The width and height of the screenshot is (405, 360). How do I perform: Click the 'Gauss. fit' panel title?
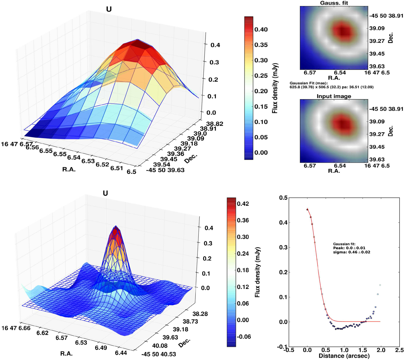pyautogui.click(x=333, y=3)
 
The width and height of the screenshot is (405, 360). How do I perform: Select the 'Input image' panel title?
pyautogui.click(x=333, y=96)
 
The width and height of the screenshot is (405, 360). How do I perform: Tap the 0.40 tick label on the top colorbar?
pyautogui.click(x=261, y=30)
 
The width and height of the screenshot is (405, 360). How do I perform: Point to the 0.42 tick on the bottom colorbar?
pyautogui.click(x=243, y=204)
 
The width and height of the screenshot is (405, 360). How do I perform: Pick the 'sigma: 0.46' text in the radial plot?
pyautogui.click(x=352, y=252)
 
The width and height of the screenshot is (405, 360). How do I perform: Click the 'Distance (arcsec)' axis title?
pyautogui.click(x=344, y=356)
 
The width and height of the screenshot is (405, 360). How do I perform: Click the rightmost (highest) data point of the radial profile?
pyautogui.click(x=380, y=285)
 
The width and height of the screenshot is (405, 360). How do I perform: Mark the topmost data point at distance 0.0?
pyautogui.click(x=307, y=210)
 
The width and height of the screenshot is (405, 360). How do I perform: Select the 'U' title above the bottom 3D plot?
pyautogui.click(x=105, y=193)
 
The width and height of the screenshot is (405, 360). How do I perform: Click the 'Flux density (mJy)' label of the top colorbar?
pyautogui.click(x=275, y=88)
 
